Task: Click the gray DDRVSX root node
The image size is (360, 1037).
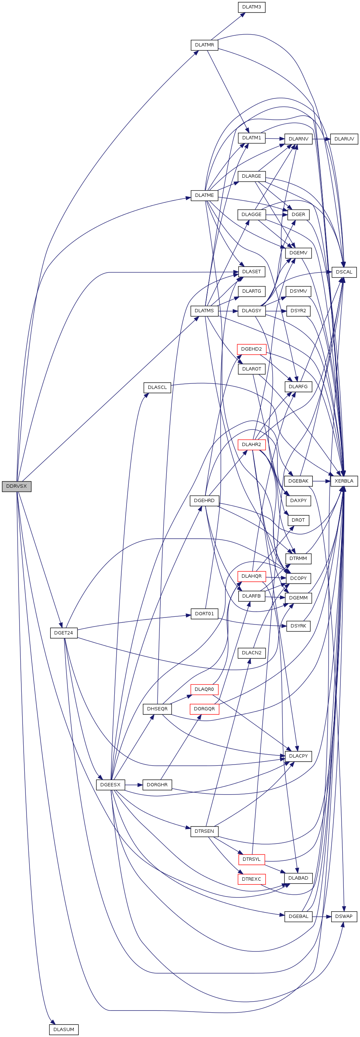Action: pos(17,486)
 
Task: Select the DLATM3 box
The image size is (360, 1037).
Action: pos(251,7)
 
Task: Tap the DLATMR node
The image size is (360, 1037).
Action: pos(204,45)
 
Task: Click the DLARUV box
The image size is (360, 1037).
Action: pos(344,139)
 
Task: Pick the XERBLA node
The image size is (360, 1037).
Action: pos(344,481)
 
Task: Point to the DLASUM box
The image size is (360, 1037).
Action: pos(63,1029)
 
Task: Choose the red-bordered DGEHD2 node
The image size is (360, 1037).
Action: pos(251,349)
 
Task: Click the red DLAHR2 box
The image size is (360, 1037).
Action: pos(251,445)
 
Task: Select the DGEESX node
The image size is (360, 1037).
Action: pos(110,784)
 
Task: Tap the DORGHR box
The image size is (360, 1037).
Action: pos(157,784)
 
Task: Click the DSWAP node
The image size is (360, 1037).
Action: pos(343,916)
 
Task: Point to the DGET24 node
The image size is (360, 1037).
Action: pos(63,633)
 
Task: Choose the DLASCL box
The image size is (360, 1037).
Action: pos(157,387)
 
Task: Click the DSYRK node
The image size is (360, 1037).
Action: pos(298,626)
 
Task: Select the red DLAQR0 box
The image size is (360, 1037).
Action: pos(204,689)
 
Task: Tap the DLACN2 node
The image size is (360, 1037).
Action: pos(251,653)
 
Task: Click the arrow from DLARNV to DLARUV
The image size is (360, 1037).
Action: pos(321,139)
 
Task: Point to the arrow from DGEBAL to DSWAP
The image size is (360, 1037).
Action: pos(321,916)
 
